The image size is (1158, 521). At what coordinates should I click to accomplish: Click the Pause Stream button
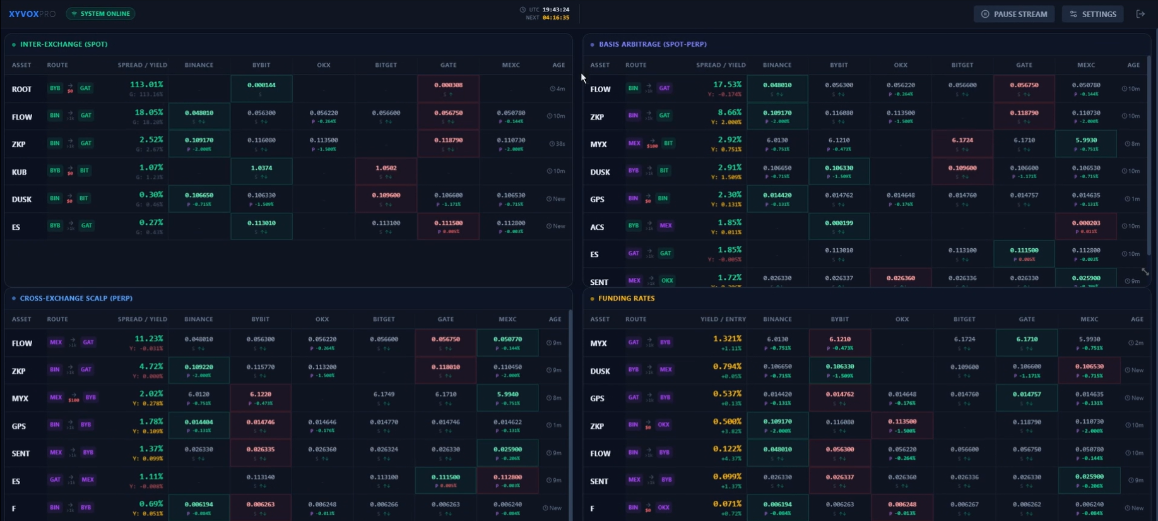pos(1013,14)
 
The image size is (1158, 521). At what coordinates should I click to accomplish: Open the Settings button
pos(1093,14)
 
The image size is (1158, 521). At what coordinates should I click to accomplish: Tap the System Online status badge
pos(100,13)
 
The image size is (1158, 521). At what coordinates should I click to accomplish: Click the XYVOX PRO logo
pos(32,13)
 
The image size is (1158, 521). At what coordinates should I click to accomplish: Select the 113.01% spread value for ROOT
pos(146,85)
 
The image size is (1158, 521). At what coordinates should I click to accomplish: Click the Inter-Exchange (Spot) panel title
pos(63,44)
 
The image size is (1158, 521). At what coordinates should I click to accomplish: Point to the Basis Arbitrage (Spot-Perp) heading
pos(652,44)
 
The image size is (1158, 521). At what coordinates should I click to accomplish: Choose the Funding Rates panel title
pos(626,298)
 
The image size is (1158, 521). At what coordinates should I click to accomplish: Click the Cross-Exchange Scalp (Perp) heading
pos(76,298)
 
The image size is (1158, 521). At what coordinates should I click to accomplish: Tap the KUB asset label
pos(19,172)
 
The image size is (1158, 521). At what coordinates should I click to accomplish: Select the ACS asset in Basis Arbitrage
pos(597,227)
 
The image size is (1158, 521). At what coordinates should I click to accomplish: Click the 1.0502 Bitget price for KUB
pos(386,168)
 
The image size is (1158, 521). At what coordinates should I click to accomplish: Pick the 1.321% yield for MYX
pos(727,338)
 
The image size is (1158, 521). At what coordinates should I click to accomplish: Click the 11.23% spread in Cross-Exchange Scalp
pos(149,338)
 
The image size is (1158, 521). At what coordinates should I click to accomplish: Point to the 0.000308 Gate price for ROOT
pos(448,85)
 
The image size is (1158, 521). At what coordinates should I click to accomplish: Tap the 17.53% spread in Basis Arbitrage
pos(727,85)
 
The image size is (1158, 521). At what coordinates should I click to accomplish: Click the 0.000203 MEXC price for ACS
pos(1085,223)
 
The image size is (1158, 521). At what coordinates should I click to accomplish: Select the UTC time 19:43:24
pos(556,9)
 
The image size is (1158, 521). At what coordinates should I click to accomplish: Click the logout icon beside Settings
pos(1140,14)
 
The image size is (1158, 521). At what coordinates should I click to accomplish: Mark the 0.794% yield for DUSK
pos(727,366)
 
